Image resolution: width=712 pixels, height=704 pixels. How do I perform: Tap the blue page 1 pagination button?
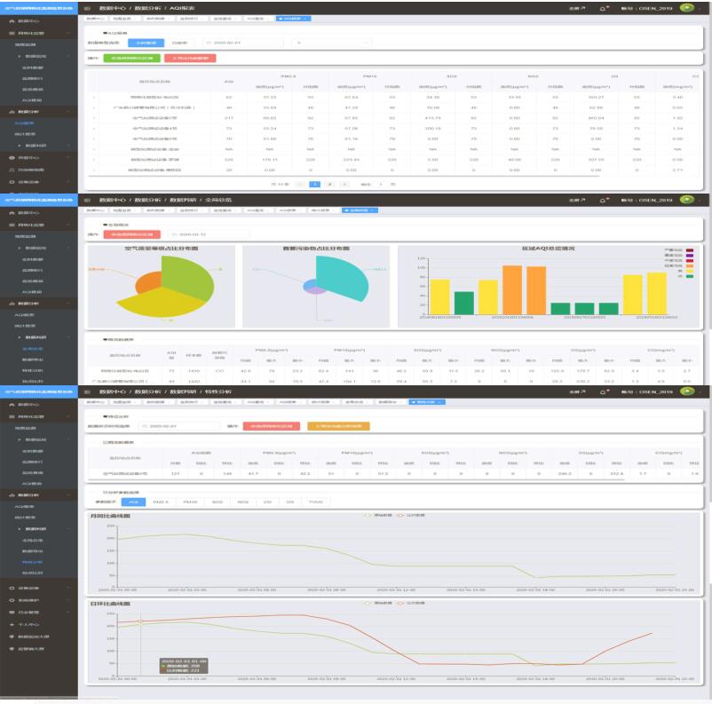pyautogui.click(x=314, y=184)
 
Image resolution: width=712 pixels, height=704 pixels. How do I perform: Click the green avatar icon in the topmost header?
pyautogui.click(x=686, y=8)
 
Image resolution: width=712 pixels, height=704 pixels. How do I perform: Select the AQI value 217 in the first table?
pyautogui.click(x=229, y=116)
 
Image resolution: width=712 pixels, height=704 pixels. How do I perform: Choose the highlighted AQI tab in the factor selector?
pyautogui.click(x=133, y=502)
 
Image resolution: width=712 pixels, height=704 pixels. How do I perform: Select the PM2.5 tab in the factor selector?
pyautogui.click(x=161, y=502)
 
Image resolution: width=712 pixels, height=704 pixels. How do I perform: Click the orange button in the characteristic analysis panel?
pyautogui.click(x=338, y=425)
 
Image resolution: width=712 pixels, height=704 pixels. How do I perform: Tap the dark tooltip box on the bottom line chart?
pyautogui.click(x=183, y=665)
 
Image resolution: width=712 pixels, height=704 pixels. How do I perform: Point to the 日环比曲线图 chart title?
pyautogui.click(x=116, y=604)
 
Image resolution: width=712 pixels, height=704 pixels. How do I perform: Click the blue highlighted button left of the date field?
pyautogui.click(x=146, y=42)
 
